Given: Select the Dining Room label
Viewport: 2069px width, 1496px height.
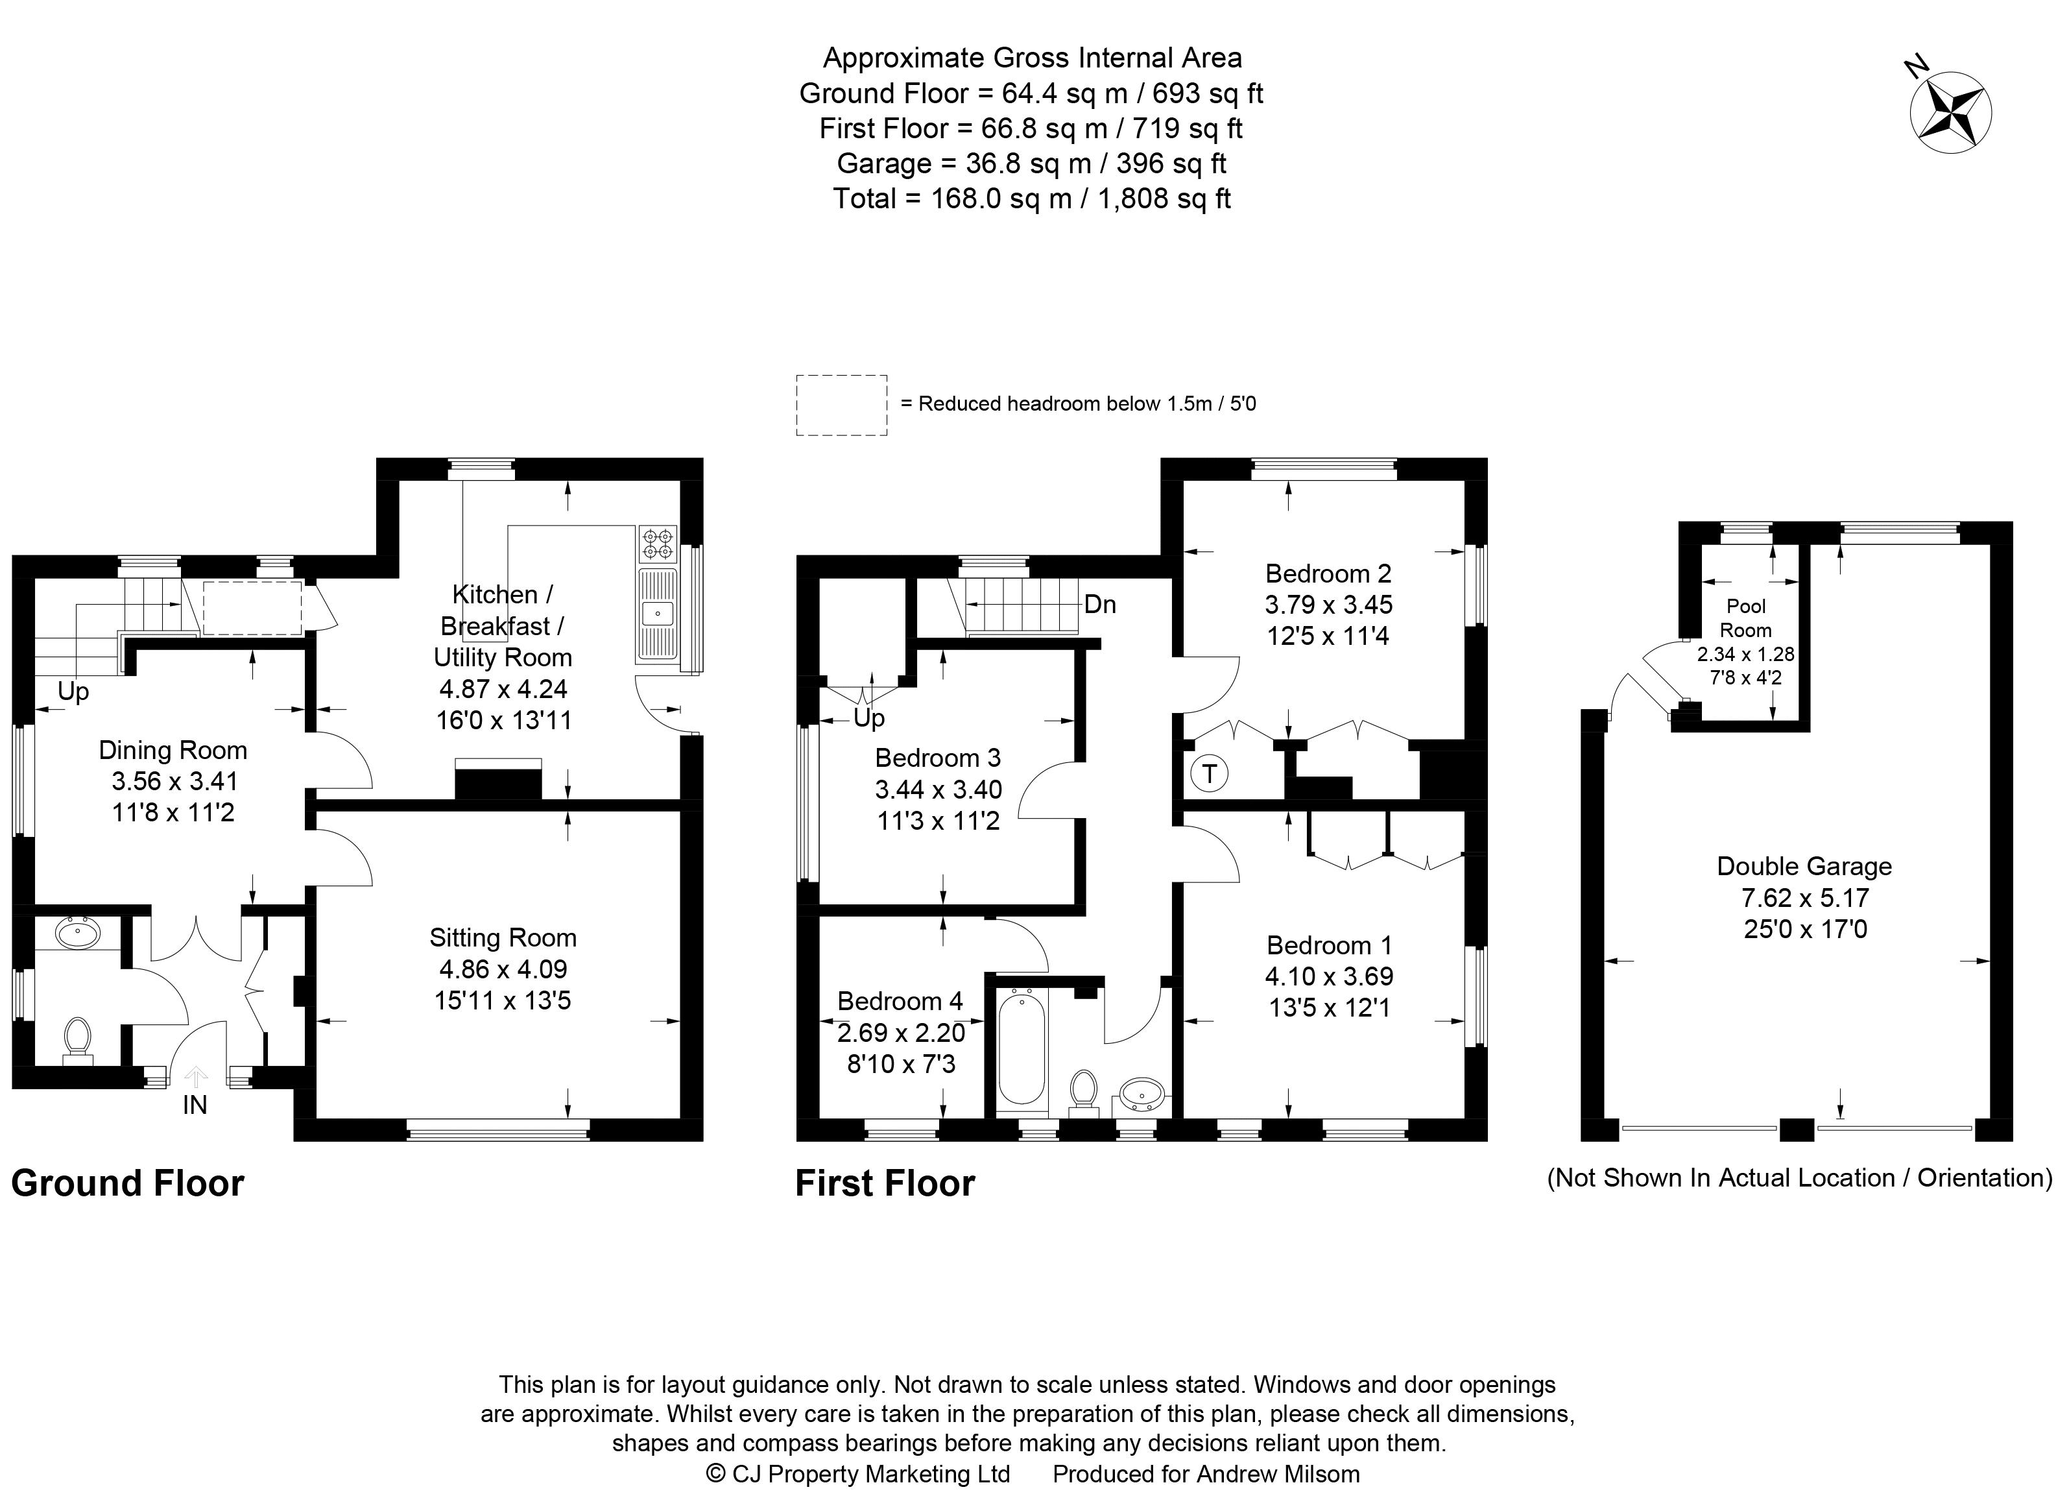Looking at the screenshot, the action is pyautogui.click(x=173, y=750).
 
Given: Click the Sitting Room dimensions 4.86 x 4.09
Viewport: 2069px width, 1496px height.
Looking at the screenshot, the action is pyautogui.click(x=503, y=969).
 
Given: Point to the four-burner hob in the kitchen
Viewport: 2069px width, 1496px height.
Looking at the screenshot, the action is pyautogui.click(x=658, y=544).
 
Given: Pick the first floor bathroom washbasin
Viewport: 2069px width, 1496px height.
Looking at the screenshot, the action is pyautogui.click(x=1142, y=1093).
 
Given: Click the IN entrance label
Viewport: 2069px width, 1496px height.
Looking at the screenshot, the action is pyautogui.click(x=195, y=1105).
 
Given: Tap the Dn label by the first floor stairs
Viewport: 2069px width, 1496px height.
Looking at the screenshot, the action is pyautogui.click(x=1100, y=605).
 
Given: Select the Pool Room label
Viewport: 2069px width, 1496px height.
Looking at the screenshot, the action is pyautogui.click(x=1746, y=618).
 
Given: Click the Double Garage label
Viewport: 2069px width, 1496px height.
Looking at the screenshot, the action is pyautogui.click(x=1804, y=867).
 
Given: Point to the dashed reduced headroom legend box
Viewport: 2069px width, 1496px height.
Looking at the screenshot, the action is pyautogui.click(x=842, y=405).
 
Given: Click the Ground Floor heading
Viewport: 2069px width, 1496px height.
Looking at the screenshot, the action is pyautogui.click(x=128, y=1184).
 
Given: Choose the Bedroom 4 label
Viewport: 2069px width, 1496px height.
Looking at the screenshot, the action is pyautogui.click(x=900, y=1002).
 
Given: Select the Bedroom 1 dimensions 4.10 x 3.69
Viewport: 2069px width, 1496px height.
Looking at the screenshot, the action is pyautogui.click(x=1329, y=976).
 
